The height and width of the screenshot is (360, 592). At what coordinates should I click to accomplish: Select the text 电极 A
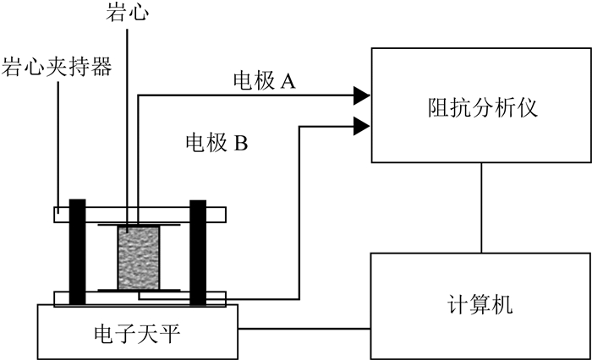(x=264, y=81)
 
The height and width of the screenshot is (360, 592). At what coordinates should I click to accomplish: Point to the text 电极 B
(x=216, y=142)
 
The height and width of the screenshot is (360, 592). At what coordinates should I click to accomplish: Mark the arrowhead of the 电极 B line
(x=361, y=127)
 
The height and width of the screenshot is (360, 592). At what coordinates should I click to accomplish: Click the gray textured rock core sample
(x=137, y=259)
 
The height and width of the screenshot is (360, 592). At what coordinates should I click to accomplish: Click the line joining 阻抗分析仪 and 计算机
(x=482, y=207)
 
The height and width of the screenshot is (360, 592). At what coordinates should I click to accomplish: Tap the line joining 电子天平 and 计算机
(x=305, y=329)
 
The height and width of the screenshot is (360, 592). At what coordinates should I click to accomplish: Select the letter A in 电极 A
(x=287, y=81)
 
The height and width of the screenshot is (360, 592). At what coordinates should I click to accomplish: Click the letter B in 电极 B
(x=240, y=142)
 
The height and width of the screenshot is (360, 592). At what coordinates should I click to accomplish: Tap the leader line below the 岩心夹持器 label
(x=58, y=144)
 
